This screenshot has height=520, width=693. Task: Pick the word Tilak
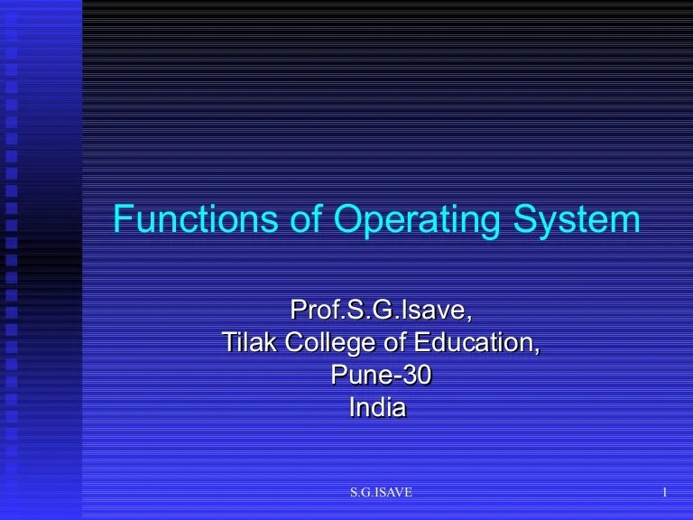pos(249,344)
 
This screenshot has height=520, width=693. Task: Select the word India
pos(377,408)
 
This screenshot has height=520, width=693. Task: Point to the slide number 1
pos(664,492)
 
